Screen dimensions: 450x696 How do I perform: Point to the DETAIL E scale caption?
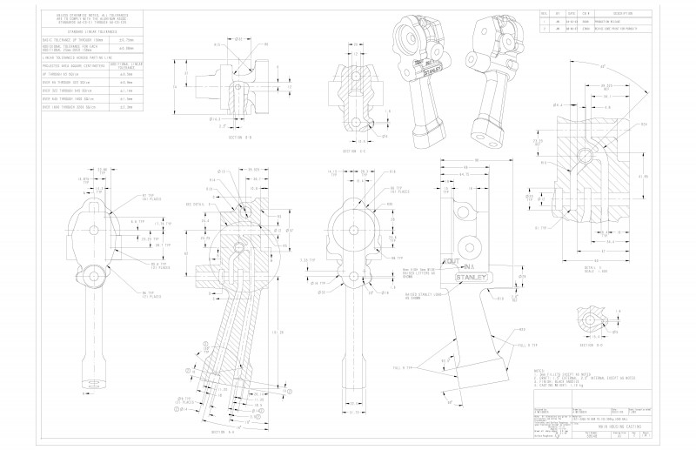point(595,270)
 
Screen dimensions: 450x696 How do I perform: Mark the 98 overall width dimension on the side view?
point(478,160)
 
